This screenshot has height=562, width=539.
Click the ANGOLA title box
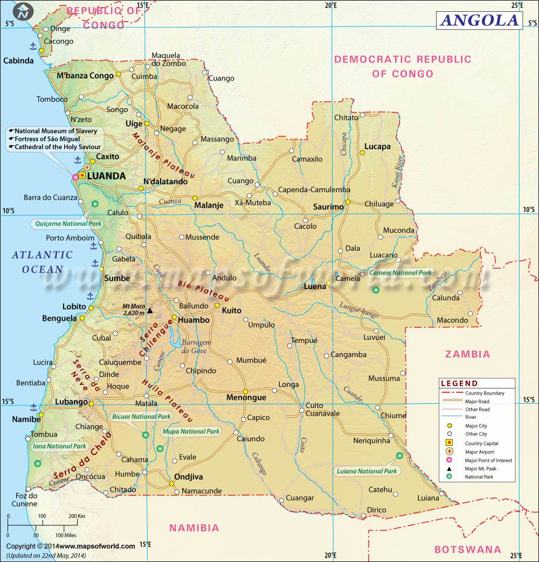479,20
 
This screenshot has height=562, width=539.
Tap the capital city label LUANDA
106,176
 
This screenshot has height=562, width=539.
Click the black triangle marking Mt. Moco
150,311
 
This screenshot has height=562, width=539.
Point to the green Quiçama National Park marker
95,203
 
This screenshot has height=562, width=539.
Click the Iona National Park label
60,446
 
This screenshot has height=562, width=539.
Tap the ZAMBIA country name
467,354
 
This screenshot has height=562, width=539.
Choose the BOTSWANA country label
467,550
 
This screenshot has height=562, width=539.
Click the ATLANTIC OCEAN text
42,262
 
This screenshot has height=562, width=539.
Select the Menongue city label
246,398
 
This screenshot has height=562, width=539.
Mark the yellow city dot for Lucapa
362,153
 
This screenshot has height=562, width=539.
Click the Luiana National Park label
367,472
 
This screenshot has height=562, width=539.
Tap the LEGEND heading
459,384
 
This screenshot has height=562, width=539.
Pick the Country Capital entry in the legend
481,443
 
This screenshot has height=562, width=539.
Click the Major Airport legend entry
479,452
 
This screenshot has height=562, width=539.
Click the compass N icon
23,12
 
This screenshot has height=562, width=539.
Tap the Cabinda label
18,61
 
